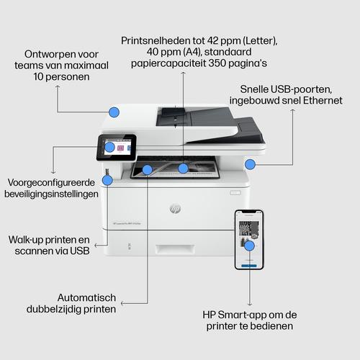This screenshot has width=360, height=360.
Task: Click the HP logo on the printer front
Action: coord(174,209)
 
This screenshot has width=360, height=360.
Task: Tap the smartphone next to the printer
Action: coord(248,240)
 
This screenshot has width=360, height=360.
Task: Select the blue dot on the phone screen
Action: coord(249,246)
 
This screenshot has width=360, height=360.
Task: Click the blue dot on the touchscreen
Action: coord(109,148)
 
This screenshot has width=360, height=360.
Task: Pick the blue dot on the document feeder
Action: coord(113,112)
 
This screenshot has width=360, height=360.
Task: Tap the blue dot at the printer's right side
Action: coord(250,164)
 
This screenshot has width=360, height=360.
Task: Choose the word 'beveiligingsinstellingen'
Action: coord(54,194)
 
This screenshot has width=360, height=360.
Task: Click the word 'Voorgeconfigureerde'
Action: coord(51,182)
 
